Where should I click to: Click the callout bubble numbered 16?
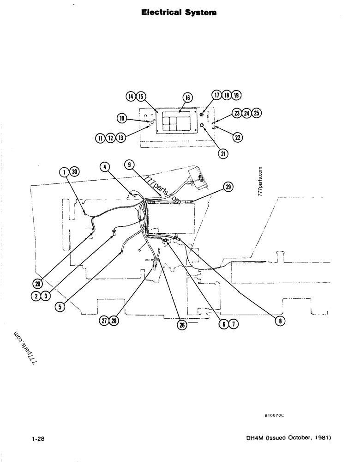(x=188, y=97)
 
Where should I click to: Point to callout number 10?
(x=122, y=119)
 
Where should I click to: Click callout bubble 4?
(x=106, y=167)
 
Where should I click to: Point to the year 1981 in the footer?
(x=322, y=437)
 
